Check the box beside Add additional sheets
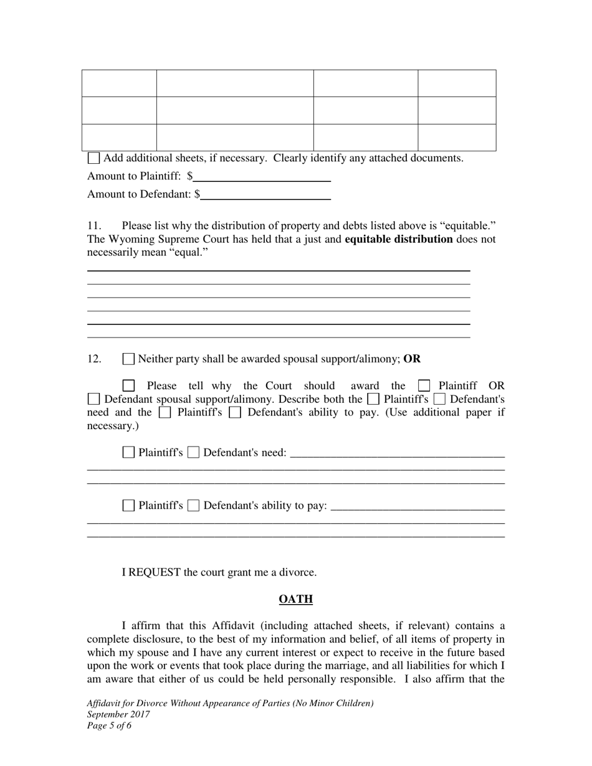coord(93,158)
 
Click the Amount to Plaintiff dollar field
coord(262,176)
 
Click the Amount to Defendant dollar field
coord(265,194)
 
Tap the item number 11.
coord(94,225)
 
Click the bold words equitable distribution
coord(398,239)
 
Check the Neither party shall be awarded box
coord(128,359)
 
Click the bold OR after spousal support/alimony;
coord(412,359)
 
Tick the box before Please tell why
coord(128,386)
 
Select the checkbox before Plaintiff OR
coord(424,386)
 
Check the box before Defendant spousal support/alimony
coord(93,399)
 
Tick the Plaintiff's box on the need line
coord(128,453)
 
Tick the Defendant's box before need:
coord(193,453)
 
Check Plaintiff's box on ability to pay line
coord(128,506)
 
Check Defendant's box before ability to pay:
coord(193,506)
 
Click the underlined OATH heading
coord(295,599)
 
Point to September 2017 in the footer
coord(118,714)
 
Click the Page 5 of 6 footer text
coord(109,726)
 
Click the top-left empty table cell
coord(119,83)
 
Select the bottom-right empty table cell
coord(457,138)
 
